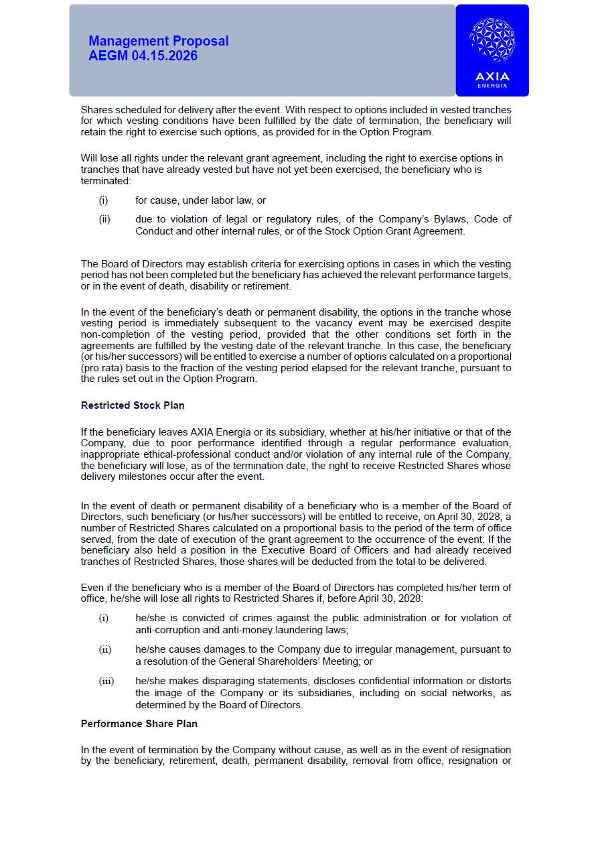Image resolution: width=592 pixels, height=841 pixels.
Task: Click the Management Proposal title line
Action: tap(159, 41)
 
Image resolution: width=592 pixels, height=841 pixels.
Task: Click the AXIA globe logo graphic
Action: tap(492, 41)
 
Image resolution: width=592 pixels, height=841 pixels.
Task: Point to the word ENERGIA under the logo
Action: tap(492, 86)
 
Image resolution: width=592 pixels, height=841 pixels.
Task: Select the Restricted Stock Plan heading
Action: tap(133, 405)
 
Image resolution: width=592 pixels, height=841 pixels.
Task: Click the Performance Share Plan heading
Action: tap(139, 724)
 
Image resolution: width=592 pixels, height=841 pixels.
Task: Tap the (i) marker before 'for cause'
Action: tap(103, 200)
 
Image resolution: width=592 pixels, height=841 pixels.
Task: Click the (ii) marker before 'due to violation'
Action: tap(104, 219)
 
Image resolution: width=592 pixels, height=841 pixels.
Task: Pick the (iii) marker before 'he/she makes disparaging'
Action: tap(106, 682)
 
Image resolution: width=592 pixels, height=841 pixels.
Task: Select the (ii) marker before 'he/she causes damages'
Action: tap(105, 649)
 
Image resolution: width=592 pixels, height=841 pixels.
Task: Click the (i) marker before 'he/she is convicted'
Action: tap(104, 618)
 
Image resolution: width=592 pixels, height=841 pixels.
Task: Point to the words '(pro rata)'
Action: tap(103, 368)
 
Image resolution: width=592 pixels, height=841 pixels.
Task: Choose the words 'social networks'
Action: tap(455, 693)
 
